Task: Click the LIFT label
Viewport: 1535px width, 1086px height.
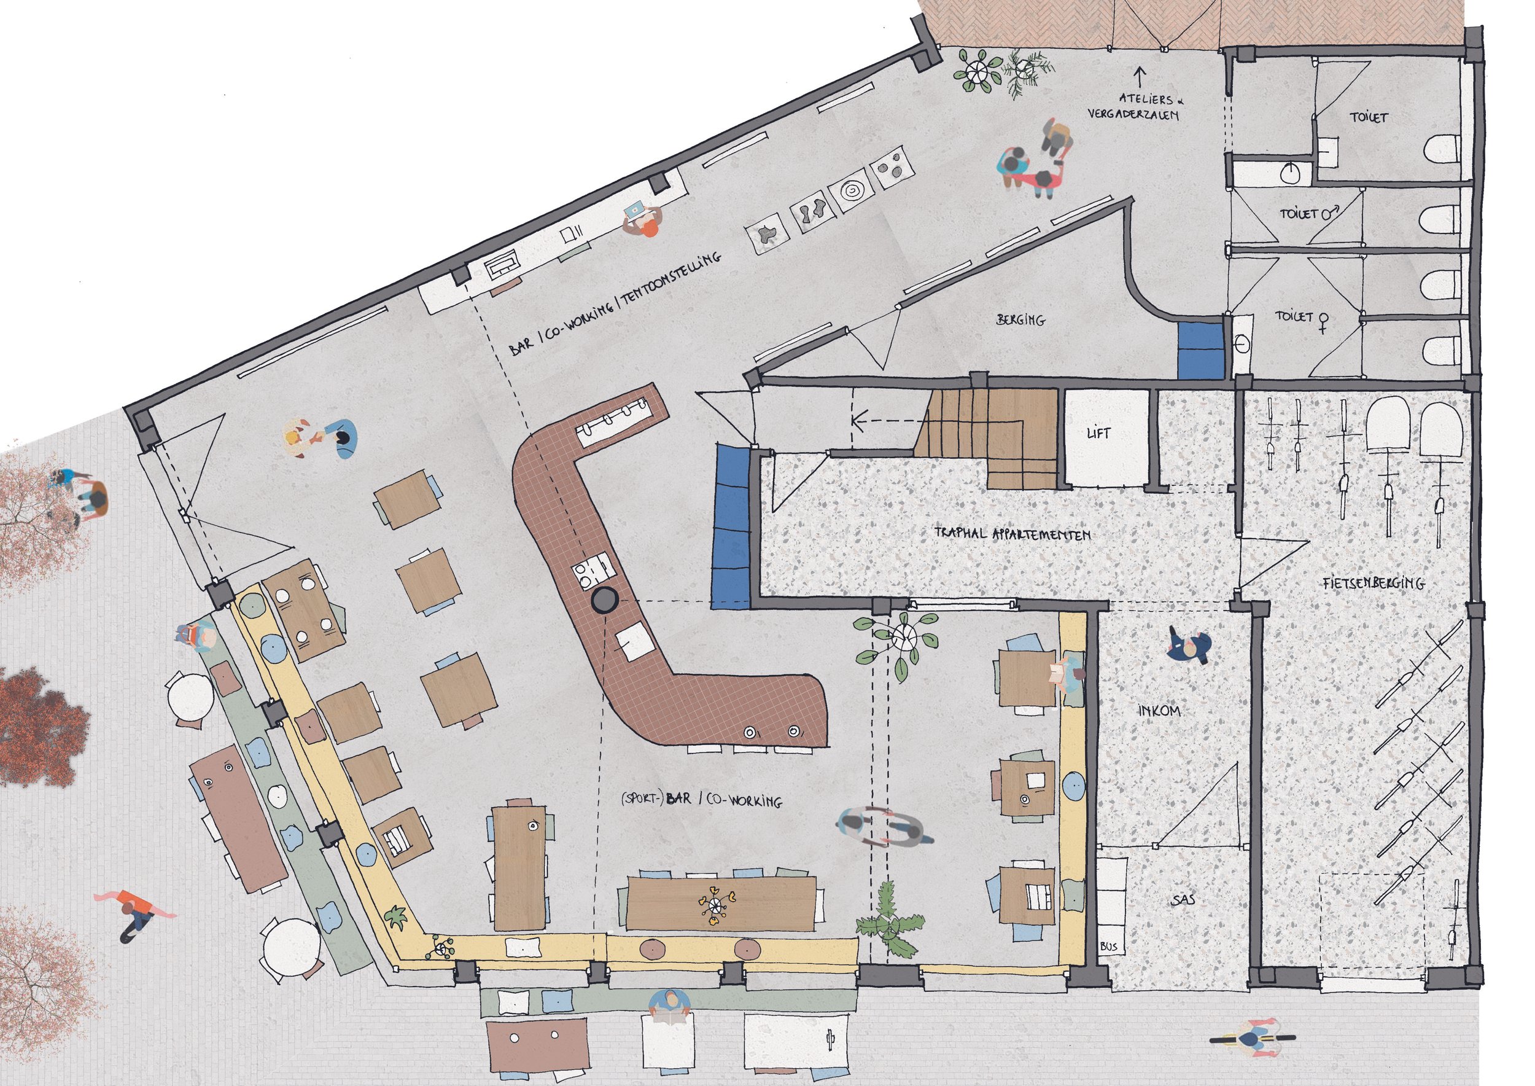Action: pyautogui.click(x=1099, y=432)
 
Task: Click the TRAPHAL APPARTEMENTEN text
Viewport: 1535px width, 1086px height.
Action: pyautogui.click(x=1012, y=534)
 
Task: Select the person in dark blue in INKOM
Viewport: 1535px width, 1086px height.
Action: pyautogui.click(x=1189, y=647)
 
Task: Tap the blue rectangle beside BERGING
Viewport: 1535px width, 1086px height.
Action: pyautogui.click(x=1201, y=350)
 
